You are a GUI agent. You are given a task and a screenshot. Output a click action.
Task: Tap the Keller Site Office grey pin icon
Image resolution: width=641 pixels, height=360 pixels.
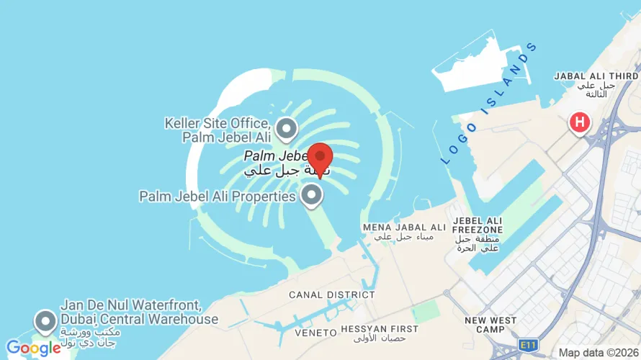pos(287,129)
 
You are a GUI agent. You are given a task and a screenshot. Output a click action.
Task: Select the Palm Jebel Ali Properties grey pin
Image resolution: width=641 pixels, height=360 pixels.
pos(311,194)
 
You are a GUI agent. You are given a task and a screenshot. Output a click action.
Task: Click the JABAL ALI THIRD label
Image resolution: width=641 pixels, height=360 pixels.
pos(596,76)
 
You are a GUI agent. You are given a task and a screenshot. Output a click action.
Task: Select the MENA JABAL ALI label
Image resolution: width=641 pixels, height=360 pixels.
pos(404,228)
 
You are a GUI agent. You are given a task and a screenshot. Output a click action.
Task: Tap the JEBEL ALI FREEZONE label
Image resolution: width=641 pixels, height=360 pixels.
pos(478,225)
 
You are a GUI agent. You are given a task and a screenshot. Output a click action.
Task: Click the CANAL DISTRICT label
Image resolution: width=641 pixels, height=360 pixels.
pos(332,294)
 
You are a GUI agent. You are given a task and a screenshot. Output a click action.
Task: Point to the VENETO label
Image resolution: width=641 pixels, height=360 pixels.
pos(316,333)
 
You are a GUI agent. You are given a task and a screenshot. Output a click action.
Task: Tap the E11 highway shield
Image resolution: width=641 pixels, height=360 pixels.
pos(529,345)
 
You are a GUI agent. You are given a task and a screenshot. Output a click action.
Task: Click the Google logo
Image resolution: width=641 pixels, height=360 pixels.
pos(34,348)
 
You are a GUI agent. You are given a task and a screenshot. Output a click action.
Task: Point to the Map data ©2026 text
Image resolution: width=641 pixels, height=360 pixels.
pos(599,353)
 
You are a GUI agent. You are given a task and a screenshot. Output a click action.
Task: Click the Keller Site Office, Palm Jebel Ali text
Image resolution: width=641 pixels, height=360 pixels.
pos(218,130)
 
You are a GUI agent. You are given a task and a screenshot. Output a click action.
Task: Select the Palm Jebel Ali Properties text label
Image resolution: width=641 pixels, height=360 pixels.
pos(218,196)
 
